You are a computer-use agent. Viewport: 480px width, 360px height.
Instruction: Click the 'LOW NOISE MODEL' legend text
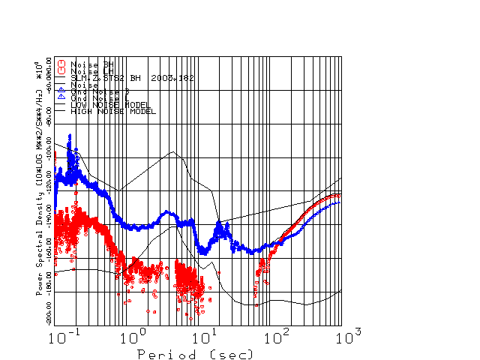point(110,105)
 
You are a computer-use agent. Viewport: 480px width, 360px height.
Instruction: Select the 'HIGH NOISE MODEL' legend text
point(113,112)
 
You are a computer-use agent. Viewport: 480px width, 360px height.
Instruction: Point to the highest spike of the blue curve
point(70,136)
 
